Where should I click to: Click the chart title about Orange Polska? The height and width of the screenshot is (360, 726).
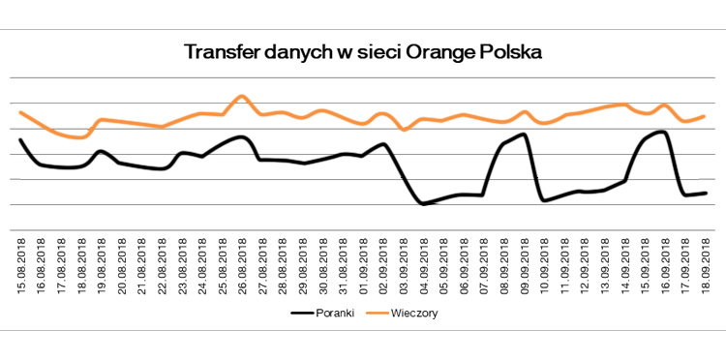tap(363, 51)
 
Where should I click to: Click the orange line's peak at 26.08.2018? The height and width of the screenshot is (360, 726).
tap(242, 96)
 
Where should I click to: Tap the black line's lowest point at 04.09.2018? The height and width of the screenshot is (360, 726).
tap(422, 204)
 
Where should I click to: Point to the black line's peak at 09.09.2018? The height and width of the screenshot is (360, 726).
tap(524, 135)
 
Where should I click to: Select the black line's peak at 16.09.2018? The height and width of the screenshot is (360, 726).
tap(663, 132)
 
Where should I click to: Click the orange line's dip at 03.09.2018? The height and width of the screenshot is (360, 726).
tap(404, 130)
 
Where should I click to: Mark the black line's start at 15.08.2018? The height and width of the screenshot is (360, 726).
tap(20, 140)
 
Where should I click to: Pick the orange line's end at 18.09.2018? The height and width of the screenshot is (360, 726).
tap(705, 116)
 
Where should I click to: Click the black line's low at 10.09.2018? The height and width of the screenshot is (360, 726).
tap(544, 200)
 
